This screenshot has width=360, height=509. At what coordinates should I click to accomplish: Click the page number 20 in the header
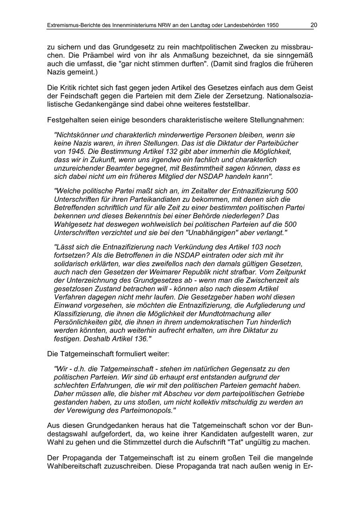[x=314, y=25]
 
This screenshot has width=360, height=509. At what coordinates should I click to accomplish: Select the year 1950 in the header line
[x=272, y=26]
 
